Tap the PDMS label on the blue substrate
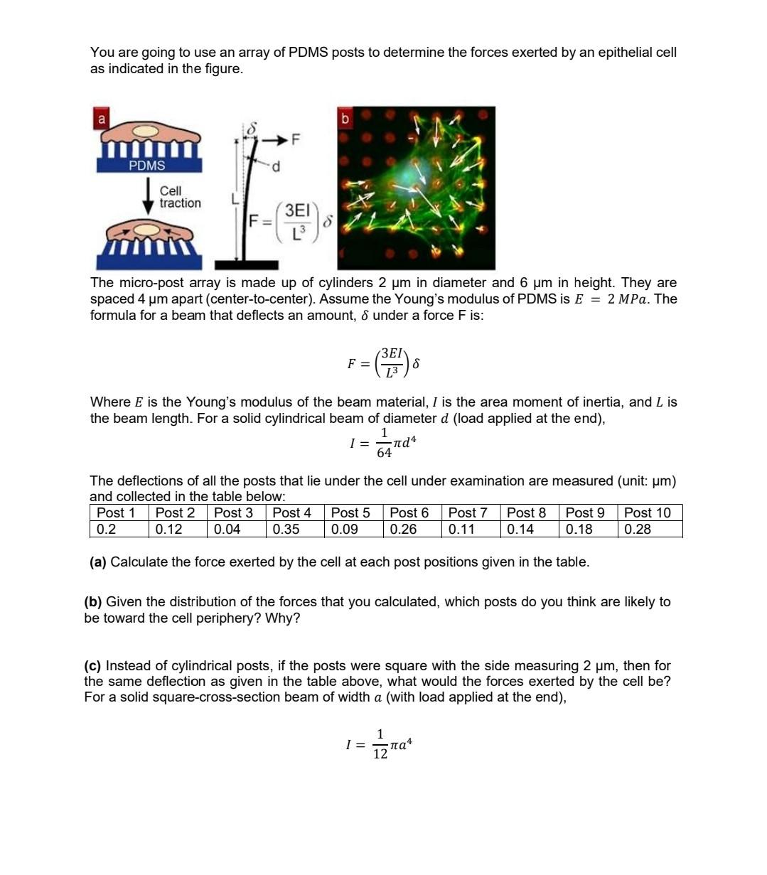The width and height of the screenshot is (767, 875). point(147,166)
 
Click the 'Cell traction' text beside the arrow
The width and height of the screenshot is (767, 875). point(180,197)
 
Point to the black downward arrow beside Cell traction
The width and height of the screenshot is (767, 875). point(148,196)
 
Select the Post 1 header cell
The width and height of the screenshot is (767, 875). point(116,512)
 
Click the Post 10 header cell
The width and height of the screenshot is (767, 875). point(647,512)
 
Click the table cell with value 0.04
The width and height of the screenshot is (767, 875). point(227,529)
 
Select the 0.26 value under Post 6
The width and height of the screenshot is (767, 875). point(403,529)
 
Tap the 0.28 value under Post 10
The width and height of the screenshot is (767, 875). point(638,529)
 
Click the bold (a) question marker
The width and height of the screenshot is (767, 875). point(98,562)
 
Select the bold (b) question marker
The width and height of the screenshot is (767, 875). point(93,602)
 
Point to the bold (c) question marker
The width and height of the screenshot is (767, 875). point(92,666)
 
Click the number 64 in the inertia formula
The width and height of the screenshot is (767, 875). point(384,452)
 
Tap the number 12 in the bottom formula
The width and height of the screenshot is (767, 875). point(381,753)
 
